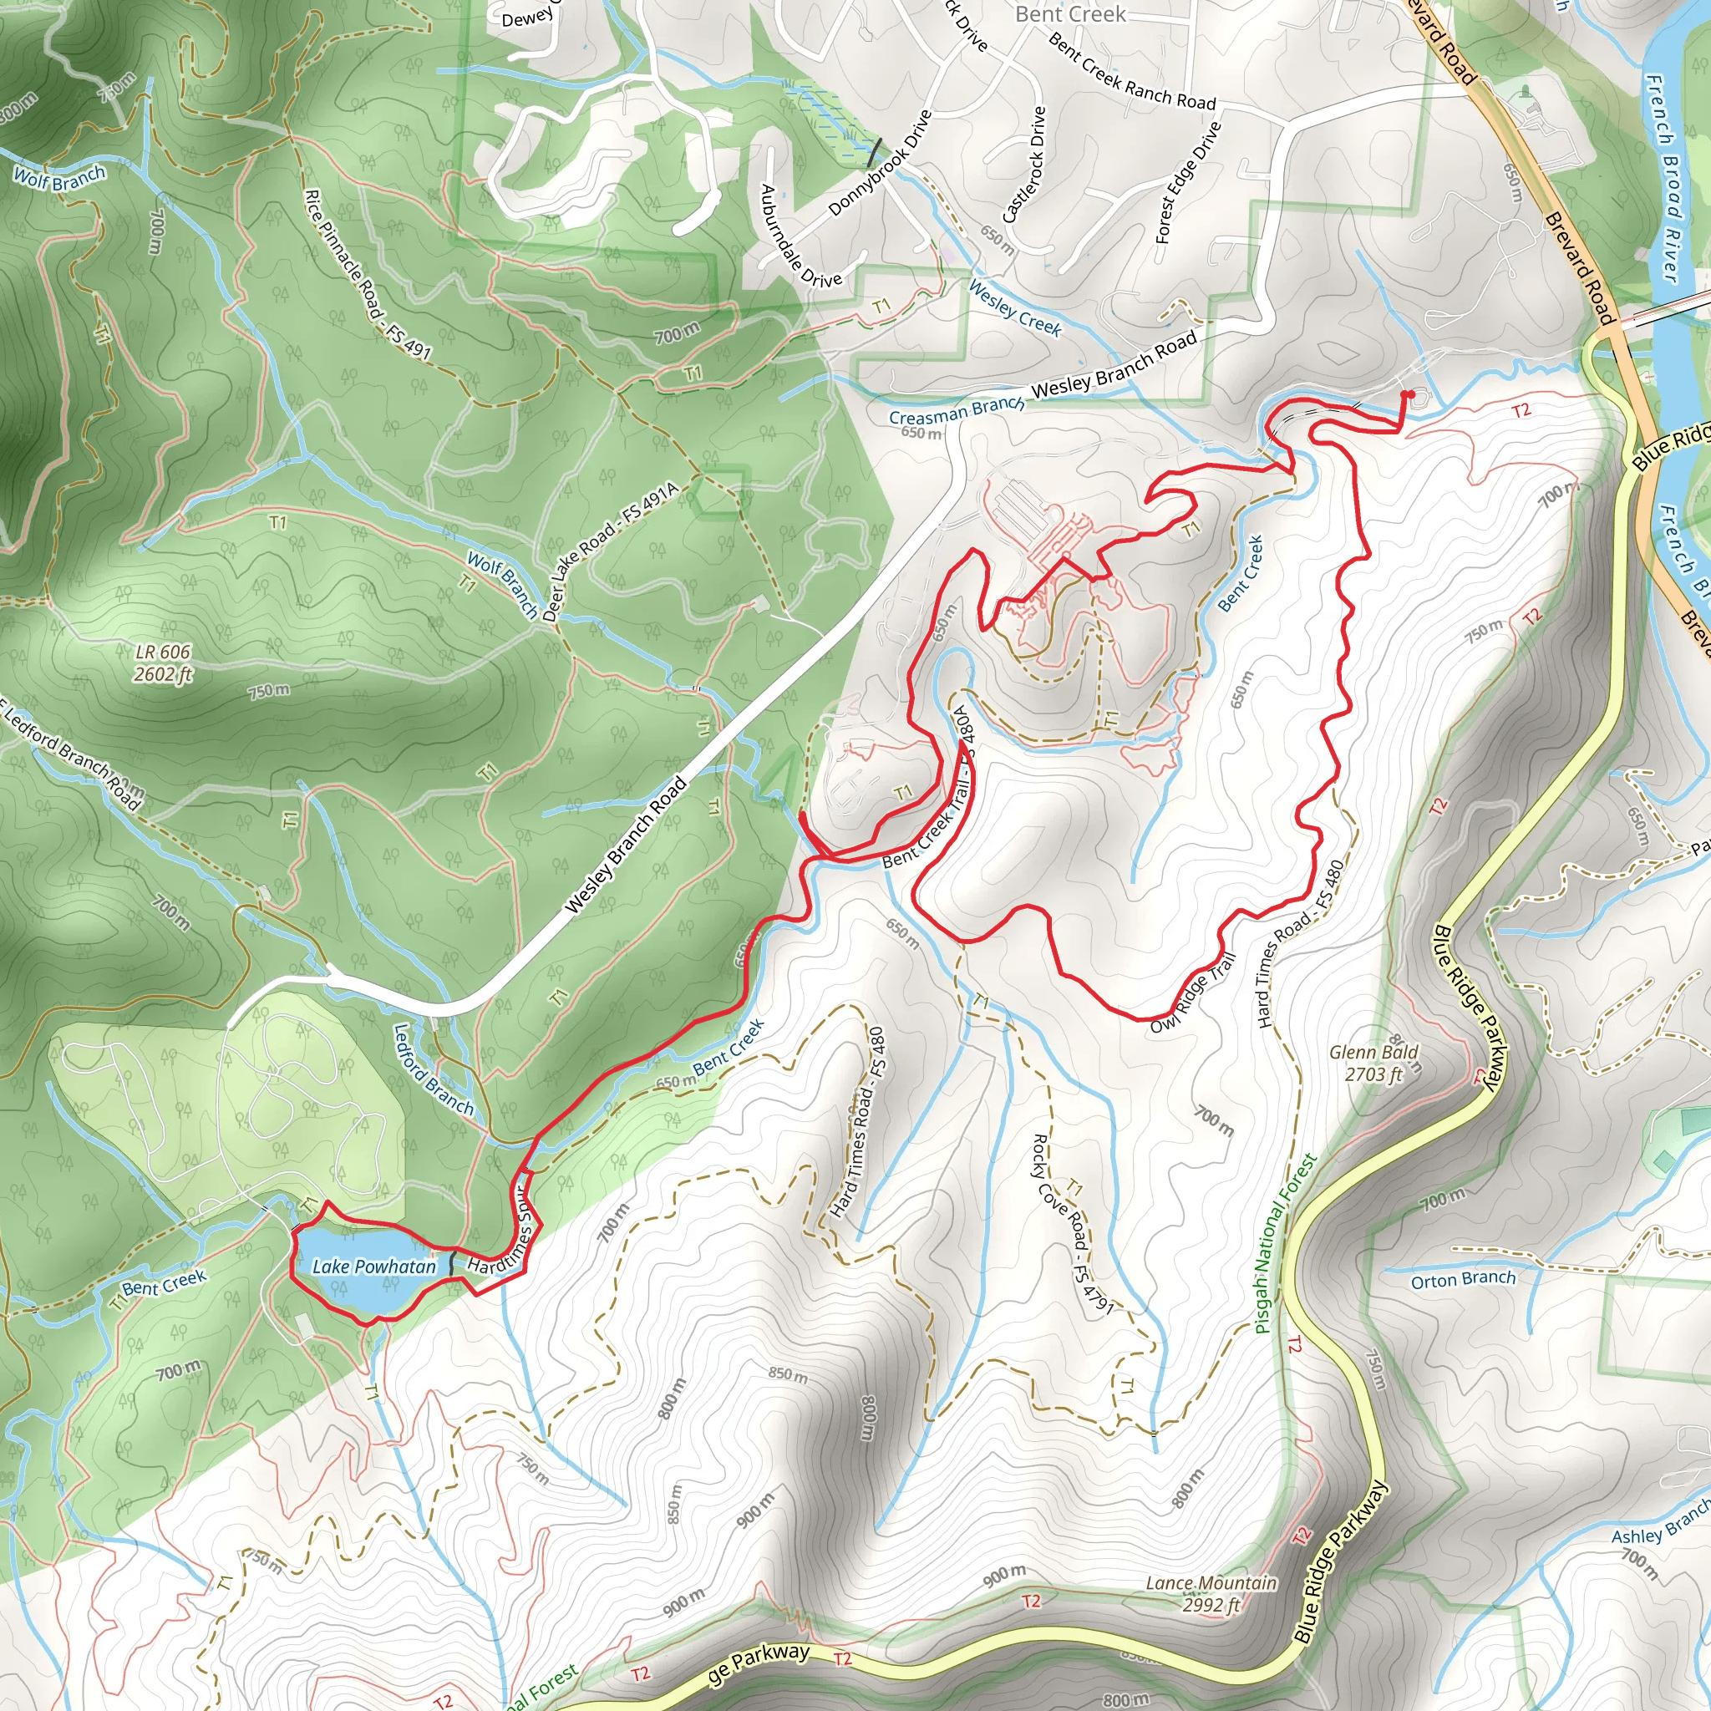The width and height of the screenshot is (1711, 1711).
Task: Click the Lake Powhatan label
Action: click(373, 1267)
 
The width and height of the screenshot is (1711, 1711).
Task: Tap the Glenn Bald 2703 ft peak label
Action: click(1373, 1063)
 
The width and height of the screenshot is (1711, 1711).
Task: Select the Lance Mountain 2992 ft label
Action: click(1211, 1593)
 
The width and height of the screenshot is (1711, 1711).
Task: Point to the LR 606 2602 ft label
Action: click(164, 663)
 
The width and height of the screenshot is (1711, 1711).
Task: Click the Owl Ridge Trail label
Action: click(1192, 993)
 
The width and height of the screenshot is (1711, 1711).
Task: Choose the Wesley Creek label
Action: click(1014, 307)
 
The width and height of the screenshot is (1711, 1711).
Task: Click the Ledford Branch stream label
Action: click(433, 1069)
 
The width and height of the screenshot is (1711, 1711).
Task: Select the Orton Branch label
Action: click(1463, 1279)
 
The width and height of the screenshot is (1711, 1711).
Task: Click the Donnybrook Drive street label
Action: click(881, 163)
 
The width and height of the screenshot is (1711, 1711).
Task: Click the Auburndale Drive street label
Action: click(800, 236)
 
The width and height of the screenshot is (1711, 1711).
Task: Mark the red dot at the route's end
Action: click(1408, 394)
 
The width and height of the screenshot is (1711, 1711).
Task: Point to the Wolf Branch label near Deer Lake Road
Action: click(502, 585)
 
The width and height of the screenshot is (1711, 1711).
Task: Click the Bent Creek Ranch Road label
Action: click(1131, 71)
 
